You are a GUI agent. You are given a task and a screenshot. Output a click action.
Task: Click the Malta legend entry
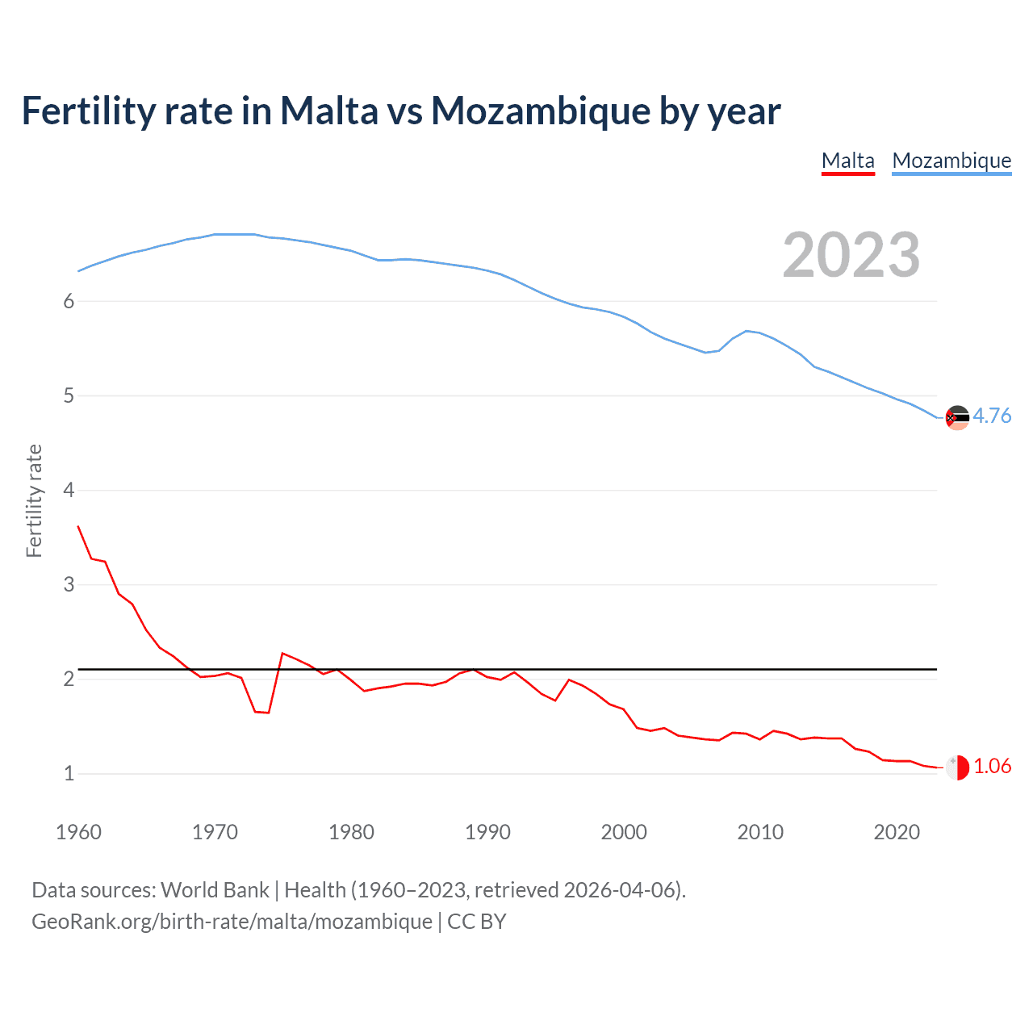tap(847, 161)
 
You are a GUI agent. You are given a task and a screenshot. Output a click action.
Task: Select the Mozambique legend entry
tap(951, 161)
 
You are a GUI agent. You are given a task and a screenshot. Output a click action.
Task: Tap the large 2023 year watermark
tap(851, 255)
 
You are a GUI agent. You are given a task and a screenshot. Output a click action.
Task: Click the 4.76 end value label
tap(992, 416)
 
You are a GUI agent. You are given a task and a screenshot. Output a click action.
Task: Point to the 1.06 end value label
tap(992, 766)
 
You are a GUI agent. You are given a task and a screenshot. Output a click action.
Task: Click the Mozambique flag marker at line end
tap(957, 417)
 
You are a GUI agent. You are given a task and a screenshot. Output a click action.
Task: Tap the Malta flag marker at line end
tap(957, 767)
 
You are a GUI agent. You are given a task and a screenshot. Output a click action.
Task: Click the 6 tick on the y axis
tap(69, 301)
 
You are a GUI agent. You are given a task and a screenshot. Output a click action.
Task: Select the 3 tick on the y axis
tap(69, 584)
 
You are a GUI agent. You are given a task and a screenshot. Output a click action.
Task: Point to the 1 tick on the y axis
tap(69, 773)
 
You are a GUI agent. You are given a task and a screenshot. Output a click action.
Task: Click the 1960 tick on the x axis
tap(78, 832)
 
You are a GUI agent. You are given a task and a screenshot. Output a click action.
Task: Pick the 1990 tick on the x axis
tap(487, 832)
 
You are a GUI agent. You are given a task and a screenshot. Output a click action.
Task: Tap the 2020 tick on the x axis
tap(897, 832)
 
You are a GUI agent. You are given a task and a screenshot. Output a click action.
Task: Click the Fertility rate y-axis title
tap(34, 500)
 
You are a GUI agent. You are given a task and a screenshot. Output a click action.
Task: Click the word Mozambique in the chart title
tap(541, 111)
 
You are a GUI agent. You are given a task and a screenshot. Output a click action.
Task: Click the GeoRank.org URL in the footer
tap(232, 922)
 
